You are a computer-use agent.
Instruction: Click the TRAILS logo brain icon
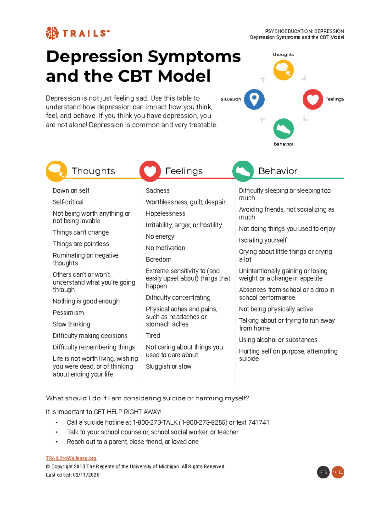[x=52, y=33]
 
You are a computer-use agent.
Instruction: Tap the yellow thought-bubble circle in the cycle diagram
[x=283, y=70]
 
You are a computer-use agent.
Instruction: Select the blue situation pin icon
[x=254, y=99]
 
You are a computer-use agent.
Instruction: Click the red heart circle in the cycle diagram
[x=313, y=99]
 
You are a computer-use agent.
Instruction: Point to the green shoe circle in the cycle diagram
[x=283, y=129]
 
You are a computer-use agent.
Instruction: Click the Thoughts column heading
[x=93, y=171]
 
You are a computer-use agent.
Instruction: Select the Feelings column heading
[x=184, y=171]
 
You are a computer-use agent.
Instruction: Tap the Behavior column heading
[x=278, y=171]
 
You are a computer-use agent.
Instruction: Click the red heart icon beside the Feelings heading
[x=150, y=171]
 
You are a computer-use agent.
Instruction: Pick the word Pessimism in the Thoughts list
[x=68, y=313]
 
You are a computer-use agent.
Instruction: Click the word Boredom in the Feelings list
[x=159, y=259]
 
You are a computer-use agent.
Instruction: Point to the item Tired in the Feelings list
[x=153, y=336]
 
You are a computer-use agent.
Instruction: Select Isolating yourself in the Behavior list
[x=263, y=240]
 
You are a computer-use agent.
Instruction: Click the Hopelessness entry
[x=165, y=214]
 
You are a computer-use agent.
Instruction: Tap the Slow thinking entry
[x=71, y=324]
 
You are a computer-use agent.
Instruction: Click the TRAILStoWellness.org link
[x=71, y=458]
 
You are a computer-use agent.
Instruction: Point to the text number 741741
[x=259, y=422]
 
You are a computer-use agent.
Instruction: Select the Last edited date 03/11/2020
[x=86, y=475]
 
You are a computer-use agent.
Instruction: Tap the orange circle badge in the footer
[x=338, y=472]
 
